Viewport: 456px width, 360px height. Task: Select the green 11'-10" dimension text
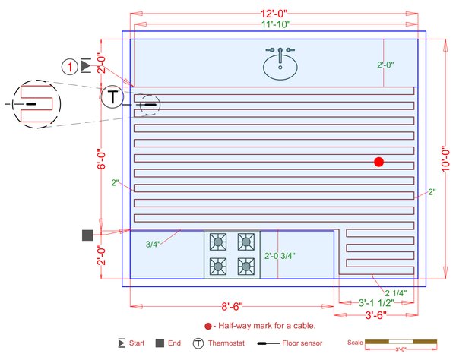tap(275, 24)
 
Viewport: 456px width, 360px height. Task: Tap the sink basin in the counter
tap(280, 68)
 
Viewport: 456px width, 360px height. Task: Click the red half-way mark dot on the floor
tap(379, 161)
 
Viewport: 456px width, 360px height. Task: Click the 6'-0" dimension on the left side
tap(101, 160)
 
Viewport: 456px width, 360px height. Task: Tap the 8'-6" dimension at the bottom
tap(232, 307)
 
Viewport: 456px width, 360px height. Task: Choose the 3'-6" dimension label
tap(377, 314)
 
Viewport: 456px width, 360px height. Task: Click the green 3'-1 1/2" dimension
tap(376, 302)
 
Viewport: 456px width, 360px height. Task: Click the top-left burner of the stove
tap(218, 242)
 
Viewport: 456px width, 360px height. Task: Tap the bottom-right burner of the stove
tap(245, 266)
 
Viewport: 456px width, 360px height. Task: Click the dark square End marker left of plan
tap(87, 235)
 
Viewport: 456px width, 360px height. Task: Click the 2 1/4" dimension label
tap(396, 292)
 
